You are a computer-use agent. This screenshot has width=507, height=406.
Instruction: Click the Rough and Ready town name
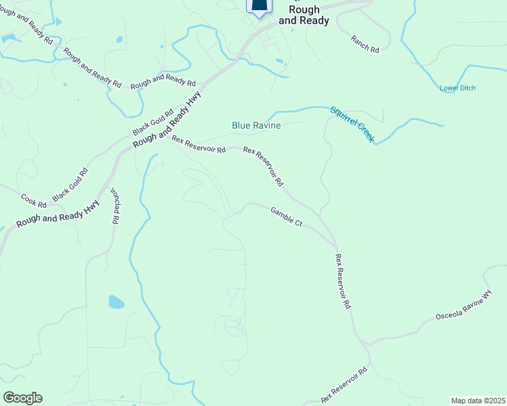308,15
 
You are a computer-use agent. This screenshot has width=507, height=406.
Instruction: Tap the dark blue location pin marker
259,5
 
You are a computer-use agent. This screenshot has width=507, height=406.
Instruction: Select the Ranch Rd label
365,44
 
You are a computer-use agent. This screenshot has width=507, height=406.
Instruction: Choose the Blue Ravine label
256,125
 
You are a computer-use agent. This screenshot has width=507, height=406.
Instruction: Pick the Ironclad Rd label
115,206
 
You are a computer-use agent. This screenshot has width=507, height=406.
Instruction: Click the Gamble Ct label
287,217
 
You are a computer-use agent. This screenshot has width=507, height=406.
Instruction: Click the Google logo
22,398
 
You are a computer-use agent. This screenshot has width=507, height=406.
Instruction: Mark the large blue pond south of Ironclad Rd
116,302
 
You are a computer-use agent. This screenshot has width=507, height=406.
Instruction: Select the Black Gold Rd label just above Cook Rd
70,183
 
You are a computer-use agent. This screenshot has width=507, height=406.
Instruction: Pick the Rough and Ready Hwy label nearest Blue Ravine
167,121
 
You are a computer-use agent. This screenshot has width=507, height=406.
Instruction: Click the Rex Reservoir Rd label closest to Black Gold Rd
199,145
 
